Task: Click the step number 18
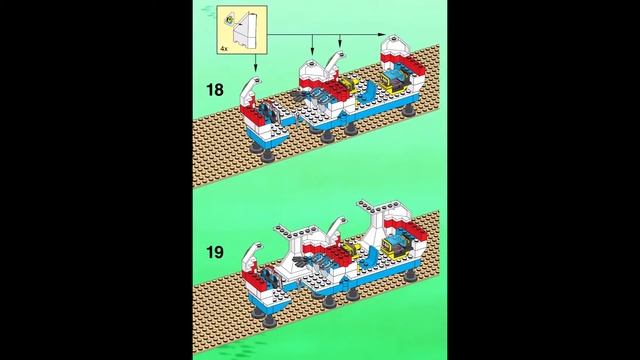(x=215, y=90)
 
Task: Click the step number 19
(x=215, y=252)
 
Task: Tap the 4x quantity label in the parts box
(x=224, y=49)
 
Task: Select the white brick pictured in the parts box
(x=245, y=28)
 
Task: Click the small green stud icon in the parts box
(x=229, y=19)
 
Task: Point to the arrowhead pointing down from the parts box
(x=256, y=69)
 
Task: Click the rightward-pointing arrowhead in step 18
(x=382, y=35)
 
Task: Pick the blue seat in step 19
(x=371, y=256)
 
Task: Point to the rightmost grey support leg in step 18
(x=409, y=110)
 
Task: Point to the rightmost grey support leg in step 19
(x=410, y=276)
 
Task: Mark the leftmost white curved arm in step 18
(x=249, y=92)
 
